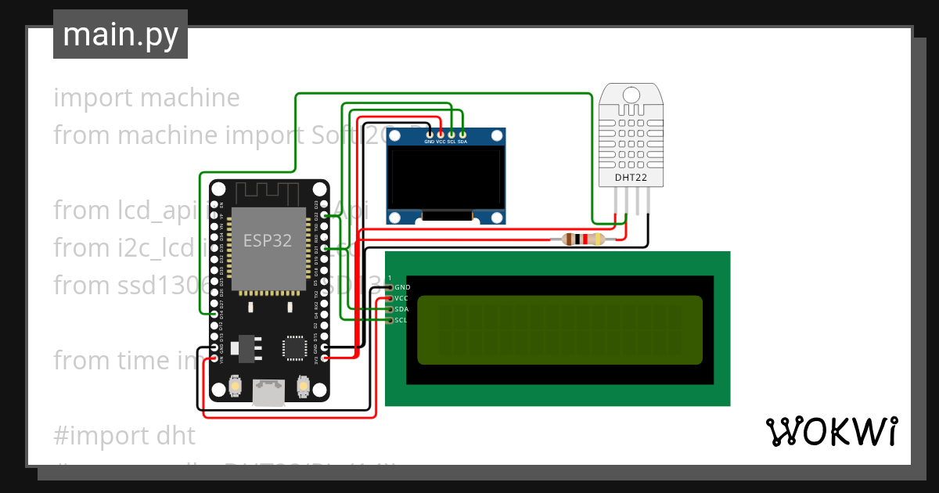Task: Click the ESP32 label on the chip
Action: pyautogui.click(x=268, y=240)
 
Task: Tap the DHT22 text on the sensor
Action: pyautogui.click(x=631, y=177)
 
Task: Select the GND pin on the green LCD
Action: pyautogui.click(x=390, y=288)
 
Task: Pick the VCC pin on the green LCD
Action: pyautogui.click(x=390, y=298)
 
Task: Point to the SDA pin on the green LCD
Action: pyautogui.click(x=390, y=309)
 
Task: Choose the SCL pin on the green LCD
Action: pyautogui.click(x=390, y=320)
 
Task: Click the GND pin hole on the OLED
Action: pyautogui.click(x=430, y=135)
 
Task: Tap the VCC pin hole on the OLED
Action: pyautogui.click(x=441, y=135)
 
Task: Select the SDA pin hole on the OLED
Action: pyautogui.click(x=462, y=135)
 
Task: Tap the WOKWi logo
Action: pyautogui.click(x=831, y=431)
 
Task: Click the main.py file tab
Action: pyautogui.click(x=121, y=34)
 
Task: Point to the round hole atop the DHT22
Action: pyautogui.click(x=631, y=95)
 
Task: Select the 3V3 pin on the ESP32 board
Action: pyautogui.click(x=324, y=358)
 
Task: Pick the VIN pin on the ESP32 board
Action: pyautogui.click(x=214, y=358)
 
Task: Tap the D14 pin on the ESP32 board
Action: pyautogui.click(x=214, y=314)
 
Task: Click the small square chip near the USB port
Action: pyautogui.click(x=295, y=347)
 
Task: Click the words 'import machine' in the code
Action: pyautogui.click(x=147, y=98)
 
